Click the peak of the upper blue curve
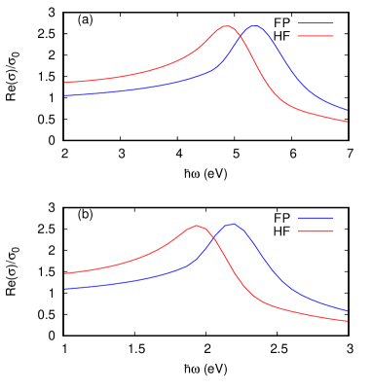255,26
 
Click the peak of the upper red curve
227,26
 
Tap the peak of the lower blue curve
231,225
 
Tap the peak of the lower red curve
197,227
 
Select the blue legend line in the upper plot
316,23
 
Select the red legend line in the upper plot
316,36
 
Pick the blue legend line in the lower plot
316,218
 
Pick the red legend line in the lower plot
316,230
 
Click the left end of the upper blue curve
65,95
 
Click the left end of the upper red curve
65,83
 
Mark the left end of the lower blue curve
65,289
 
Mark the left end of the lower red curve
65,273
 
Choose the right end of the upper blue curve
348,110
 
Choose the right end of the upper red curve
348,122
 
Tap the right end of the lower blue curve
348,311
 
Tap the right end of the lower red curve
348,321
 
